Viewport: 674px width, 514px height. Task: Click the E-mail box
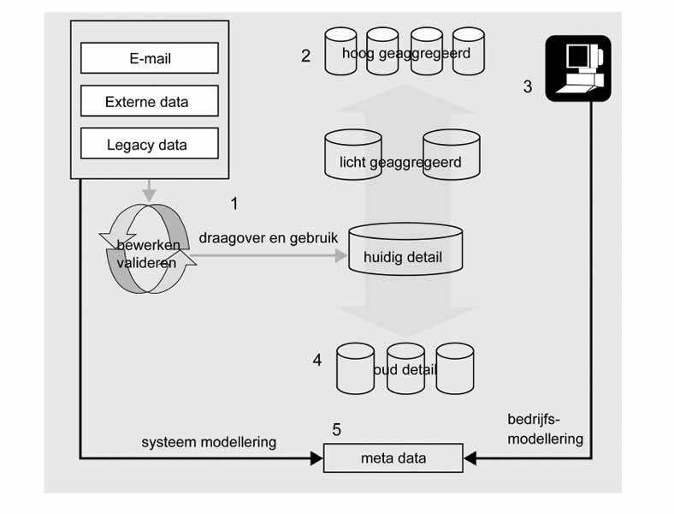(149, 58)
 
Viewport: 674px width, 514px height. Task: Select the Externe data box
(149, 102)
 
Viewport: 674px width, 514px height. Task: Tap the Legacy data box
(149, 144)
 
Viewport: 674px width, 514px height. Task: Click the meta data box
(393, 458)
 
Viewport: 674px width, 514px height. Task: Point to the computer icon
(578, 69)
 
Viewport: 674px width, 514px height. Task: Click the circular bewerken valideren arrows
(150, 249)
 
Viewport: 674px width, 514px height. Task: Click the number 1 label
(235, 203)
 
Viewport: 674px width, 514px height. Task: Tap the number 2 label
(305, 57)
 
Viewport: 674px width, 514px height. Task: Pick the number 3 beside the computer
(528, 87)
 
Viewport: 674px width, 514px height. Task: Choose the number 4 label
(317, 361)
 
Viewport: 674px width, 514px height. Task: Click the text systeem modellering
(209, 442)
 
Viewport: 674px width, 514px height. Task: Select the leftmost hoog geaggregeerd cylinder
(341, 51)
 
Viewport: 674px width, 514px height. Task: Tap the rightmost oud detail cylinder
(454, 368)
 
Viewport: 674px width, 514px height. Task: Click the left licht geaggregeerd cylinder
(350, 155)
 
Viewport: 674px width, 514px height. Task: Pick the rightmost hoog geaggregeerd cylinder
(469, 51)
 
